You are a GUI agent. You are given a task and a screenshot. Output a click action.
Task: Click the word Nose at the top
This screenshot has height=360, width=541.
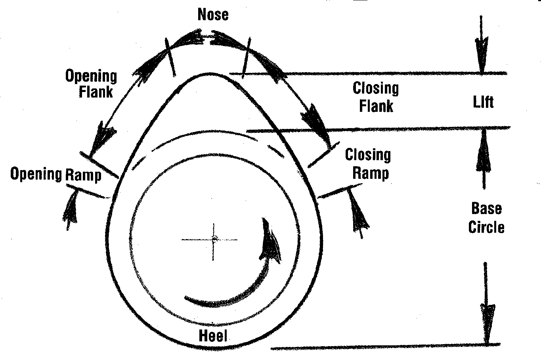tap(213, 15)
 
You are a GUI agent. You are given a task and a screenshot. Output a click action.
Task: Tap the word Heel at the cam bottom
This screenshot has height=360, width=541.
tap(213, 336)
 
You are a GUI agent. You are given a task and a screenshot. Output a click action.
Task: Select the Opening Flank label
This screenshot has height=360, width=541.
tap(92, 84)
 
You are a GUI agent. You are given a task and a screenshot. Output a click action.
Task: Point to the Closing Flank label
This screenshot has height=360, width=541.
tap(375, 97)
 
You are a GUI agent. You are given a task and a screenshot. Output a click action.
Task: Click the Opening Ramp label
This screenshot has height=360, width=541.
tap(55, 174)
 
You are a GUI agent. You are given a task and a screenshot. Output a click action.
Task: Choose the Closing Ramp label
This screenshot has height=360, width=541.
tap(368, 164)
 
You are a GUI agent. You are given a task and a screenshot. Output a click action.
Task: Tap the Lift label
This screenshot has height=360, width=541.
tap(483, 102)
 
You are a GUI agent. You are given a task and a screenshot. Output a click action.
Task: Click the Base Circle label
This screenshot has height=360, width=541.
tap(486, 218)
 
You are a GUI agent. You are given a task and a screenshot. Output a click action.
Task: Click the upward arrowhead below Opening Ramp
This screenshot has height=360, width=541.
tap(71, 206)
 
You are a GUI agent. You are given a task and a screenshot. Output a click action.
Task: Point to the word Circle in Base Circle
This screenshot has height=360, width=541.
tap(486, 228)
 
